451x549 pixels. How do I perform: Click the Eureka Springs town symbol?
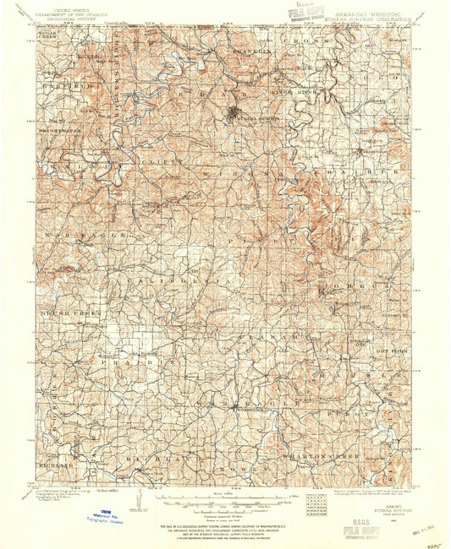[x=234, y=113]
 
